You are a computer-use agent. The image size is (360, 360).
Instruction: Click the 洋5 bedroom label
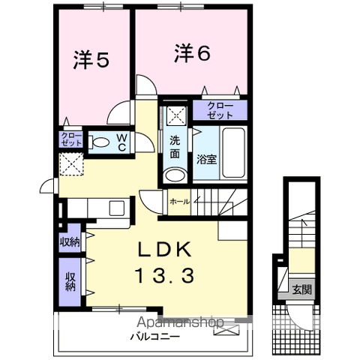(91, 60)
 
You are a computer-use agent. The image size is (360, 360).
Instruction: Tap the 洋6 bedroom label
(192, 53)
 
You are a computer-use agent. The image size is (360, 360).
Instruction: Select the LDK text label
(165, 249)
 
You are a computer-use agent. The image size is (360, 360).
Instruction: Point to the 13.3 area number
(165, 275)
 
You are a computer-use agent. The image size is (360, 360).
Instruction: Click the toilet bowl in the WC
(99, 142)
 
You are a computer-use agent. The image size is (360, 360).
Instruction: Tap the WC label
(122, 142)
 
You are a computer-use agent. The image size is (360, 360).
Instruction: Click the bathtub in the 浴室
(233, 153)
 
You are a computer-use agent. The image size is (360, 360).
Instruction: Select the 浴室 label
(206, 159)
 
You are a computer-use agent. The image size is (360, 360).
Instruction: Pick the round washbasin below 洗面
(175, 175)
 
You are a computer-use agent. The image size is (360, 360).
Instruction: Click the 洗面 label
(175, 147)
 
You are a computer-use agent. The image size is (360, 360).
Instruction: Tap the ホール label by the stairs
(179, 202)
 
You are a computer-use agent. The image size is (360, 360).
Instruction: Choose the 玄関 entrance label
(302, 289)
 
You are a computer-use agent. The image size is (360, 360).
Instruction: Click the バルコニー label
(155, 337)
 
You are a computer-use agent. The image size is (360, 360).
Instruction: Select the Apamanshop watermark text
(180, 322)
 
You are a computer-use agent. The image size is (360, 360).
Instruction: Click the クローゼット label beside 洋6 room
(220, 110)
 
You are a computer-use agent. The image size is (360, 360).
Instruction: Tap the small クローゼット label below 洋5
(71, 139)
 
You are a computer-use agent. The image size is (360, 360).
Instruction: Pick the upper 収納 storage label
(70, 242)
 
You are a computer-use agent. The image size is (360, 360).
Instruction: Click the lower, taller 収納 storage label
(70, 282)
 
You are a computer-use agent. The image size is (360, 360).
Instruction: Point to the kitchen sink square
(116, 208)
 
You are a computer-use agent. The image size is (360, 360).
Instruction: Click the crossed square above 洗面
(176, 115)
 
